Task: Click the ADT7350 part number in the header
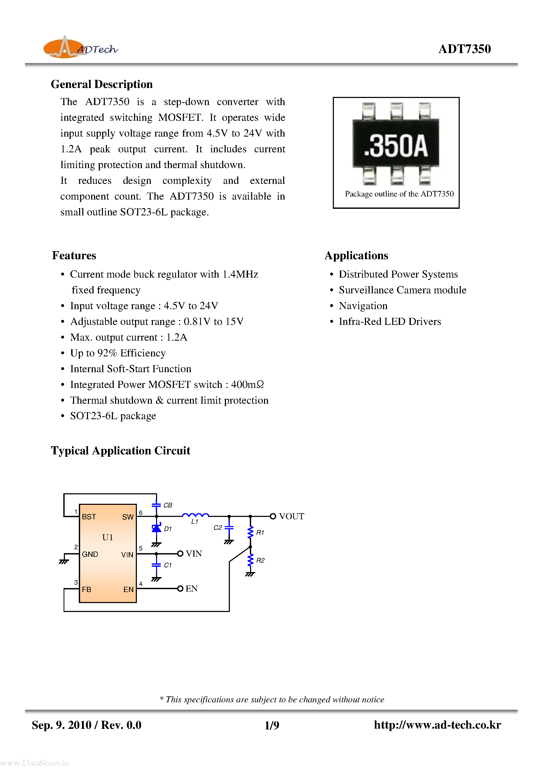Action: click(x=464, y=49)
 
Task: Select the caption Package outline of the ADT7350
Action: click(x=399, y=194)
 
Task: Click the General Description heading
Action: click(x=102, y=84)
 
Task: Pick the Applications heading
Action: click(x=356, y=256)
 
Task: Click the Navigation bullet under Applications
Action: click(x=363, y=306)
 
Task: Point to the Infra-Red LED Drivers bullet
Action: click(x=390, y=321)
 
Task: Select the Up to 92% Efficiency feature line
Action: click(x=118, y=353)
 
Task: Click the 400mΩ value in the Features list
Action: click(x=247, y=385)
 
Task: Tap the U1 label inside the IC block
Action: click(x=107, y=537)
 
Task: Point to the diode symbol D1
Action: click(x=156, y=528)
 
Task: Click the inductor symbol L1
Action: click(x=195, y=515)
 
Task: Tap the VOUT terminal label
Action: click(x=291, y=516)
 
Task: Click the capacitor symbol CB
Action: click(x=156, y=505)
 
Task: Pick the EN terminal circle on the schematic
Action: click(x=180, y=588)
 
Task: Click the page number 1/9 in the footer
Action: click(x=272, y=725)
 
